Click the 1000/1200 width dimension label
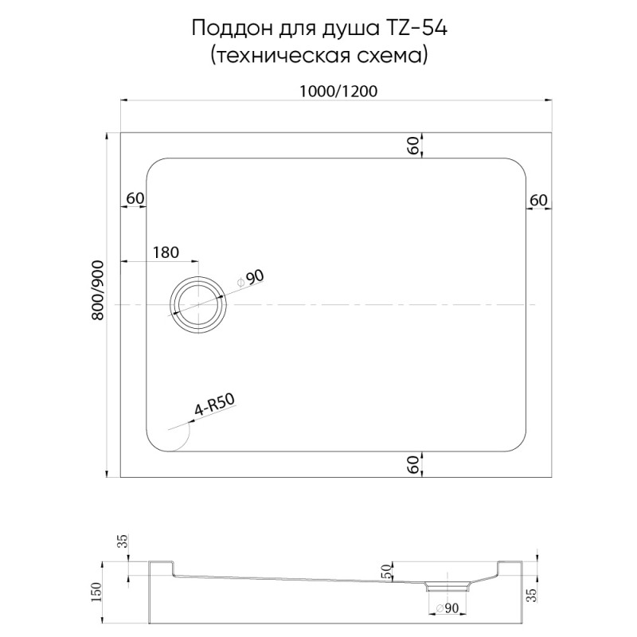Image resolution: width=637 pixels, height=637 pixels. tap(338, 91)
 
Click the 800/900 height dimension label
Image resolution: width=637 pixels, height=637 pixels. tap(98, 291)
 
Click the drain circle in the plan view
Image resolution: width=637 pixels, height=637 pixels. tap(197, 305)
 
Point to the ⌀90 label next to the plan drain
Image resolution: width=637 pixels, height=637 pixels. tap(252, 278)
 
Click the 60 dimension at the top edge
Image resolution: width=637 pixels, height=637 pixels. tap(413, 145)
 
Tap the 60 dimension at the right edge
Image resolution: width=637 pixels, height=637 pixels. tap(538, 199)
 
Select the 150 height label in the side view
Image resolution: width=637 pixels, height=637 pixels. tap(97, 593)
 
